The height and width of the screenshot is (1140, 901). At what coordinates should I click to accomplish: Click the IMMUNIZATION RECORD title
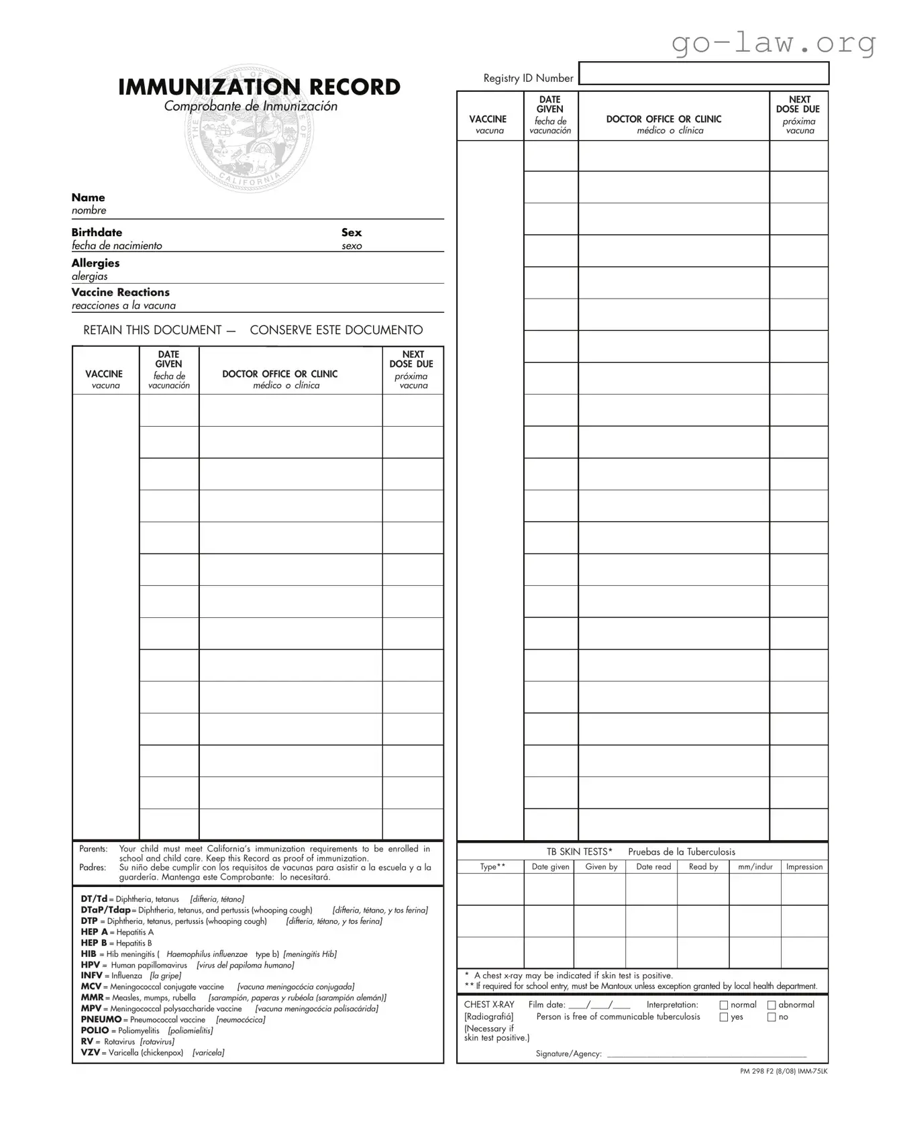(259, 87)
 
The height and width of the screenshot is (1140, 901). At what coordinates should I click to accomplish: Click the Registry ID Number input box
(704, 73)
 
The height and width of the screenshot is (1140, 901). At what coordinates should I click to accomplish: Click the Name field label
(88, 198)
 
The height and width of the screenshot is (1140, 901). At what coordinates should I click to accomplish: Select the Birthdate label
(97, 233)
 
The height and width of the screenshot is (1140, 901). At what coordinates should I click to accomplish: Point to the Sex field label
(351, 233)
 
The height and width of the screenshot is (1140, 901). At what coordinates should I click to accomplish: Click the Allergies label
(95, 264)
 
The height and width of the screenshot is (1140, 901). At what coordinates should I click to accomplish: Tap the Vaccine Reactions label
(120, 293)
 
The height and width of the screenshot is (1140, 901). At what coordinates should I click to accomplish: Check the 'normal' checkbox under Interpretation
(724, 1005)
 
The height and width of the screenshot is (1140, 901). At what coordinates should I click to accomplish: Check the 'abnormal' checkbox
(772, 1005)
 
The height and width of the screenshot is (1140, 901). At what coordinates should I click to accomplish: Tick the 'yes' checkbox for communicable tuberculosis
(724, 1017)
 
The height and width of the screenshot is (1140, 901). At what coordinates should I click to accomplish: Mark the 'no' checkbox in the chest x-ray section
(772, 1017)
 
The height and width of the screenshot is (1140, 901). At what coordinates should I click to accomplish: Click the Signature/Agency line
(706, 1054)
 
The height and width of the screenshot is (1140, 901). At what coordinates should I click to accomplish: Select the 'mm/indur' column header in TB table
(755, 867)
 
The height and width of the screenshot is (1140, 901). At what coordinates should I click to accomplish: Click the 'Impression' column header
(804, 867)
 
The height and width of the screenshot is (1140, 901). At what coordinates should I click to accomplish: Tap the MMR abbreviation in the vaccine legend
(92, 998)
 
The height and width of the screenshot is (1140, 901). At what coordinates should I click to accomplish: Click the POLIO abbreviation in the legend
(95, 1031)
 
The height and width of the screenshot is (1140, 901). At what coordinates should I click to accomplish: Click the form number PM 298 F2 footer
(783, 1072)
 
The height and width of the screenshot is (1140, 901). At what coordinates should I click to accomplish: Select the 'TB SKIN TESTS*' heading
(579, 852)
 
